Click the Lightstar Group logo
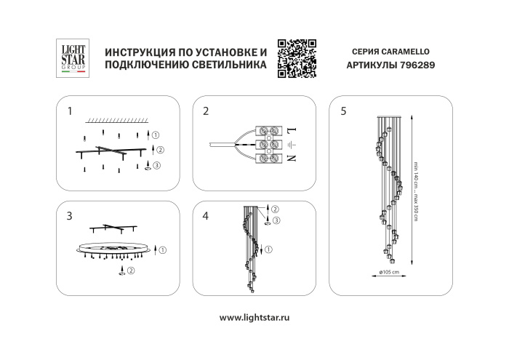click(x=72, y=57)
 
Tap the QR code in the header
click(x=297, y=57)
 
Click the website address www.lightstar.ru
click(x=254, y=317)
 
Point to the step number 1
click(x=70, y=111)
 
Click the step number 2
click(x=206, y=111)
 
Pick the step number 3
click(x=70, y=215)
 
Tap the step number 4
click(x=206, y=215)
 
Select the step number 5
click(x=343, y=111)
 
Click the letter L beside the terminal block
click(x=290, y=131)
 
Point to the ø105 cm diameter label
click(x=390, y=272)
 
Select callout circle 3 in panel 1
click(x=158, y=166)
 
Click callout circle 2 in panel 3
click(x=131, y=271)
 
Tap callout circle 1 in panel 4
click(x=270, y=250)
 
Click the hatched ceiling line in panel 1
click(x=116, y=119)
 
